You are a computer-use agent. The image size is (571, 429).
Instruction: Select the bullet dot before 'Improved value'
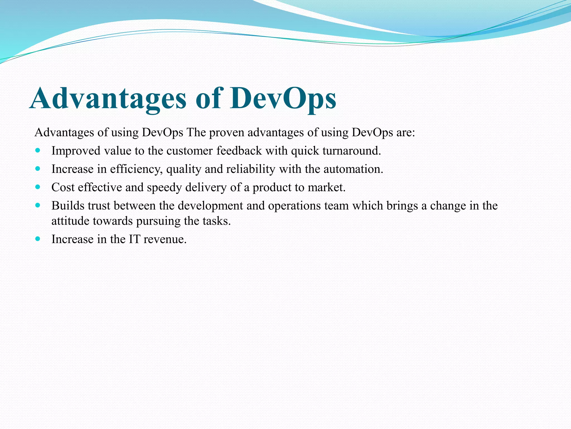(38, 151)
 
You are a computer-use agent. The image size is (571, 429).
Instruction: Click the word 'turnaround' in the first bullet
(350, 151)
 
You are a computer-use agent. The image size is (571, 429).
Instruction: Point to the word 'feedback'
(239, 151)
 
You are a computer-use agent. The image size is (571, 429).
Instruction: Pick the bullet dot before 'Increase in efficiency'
(38, 169)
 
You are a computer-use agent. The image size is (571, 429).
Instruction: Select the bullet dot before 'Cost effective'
(38, 187)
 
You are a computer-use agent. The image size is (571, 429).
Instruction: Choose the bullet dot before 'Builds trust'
(38, 205)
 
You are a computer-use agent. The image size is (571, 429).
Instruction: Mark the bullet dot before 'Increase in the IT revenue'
(38, 239)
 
